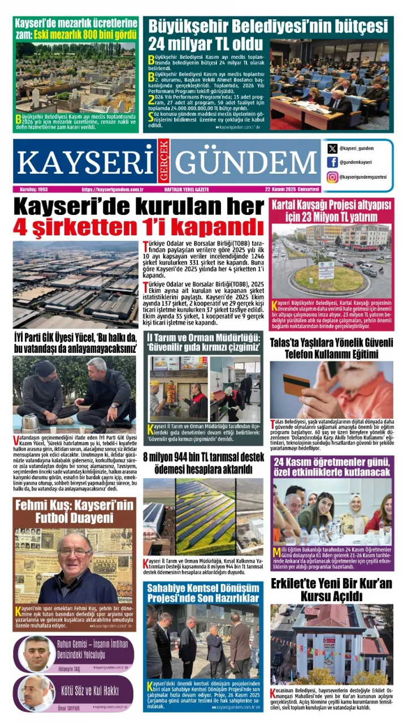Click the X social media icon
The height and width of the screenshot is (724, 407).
pyautogui.click(x=332, y=149)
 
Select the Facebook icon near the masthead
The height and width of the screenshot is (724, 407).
pyautogui.click(x=332, y=162)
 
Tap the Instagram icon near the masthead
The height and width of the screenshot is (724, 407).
pyautogui.click(x=332, y=176)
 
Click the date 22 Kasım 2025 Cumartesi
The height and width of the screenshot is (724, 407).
pyautogui.click(x=292, y=189)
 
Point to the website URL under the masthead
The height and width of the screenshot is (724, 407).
pyautogui.click(x=111, y=189)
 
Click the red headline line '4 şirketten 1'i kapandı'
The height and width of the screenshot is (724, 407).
pyautogui.click(x=138, y=227)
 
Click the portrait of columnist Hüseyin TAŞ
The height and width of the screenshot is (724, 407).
pyautogui.click(x=37, y=653)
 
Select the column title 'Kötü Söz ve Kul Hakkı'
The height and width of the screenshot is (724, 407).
pyautogui.click(x=93, y=690)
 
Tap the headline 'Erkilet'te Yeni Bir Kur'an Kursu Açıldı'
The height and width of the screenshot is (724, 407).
pyautogui.click(x=332, y=589)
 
